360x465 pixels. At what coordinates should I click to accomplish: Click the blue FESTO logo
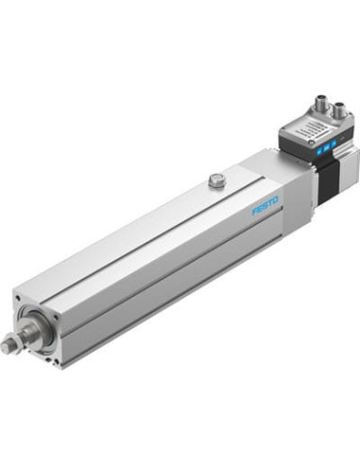tap(265, 206)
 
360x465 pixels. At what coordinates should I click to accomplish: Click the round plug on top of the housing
tap(216, 181)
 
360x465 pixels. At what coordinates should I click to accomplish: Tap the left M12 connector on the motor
tap(321, 103)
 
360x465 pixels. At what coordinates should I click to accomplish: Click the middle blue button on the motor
tap(326, 146)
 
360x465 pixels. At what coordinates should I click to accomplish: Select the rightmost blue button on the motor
tap(334, 144)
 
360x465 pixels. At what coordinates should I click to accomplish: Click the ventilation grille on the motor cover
tap(309, 129)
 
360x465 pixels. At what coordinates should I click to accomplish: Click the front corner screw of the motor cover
tap(312, 144)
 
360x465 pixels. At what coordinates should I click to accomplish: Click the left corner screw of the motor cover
tap(283, 129)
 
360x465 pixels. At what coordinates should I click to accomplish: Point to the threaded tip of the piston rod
tap(6, 346)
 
